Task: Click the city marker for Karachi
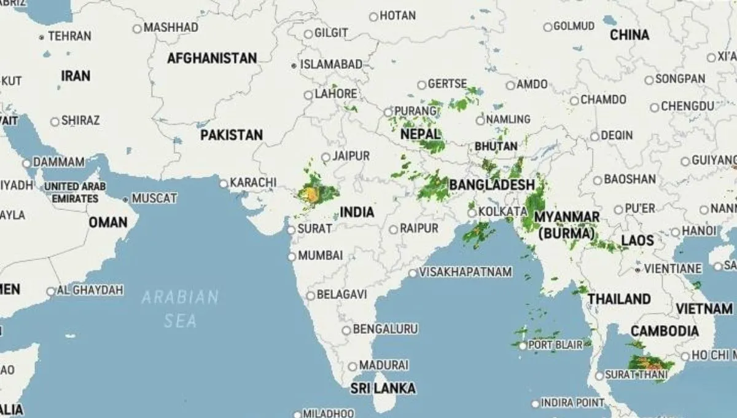pyautogui.click(x=224, y=183)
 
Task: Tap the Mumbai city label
pyautogui.click(x=320, y=255)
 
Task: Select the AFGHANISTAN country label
pyautogui.click(x=212, y=58)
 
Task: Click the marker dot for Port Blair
pyautogui.click(x=523, y=345)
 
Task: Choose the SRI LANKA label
pyautogui.click(x=383, y=388)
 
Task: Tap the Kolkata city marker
pyautogui.click(x=472, y=213)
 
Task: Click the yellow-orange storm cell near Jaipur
pyautogui.click(x=311, y=195)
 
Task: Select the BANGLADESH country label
pyautogui.click(x=492, y=184)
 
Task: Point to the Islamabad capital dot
pyautogui.click(x=294, y=65)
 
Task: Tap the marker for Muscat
pyautogui.click(x=126, y=199)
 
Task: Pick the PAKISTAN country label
pyautogui.click(x=232, y=135)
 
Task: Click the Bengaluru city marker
pyautogui.click(x=346, y=330)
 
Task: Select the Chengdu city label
pyautogui.click(x=688, y=106)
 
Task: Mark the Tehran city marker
pyautogui.click(x=42, y=37)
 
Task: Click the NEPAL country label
pyautogui.click(x=420, y=133)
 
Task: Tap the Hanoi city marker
pyautogui.click(x=676, y=232)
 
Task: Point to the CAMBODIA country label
pyautogui.click(x=665, y=331)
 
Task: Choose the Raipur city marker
pyautogui.click(x=393, y=229)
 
